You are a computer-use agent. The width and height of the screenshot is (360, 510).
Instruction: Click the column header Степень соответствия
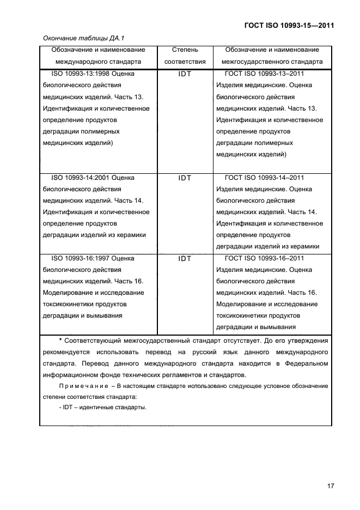pyautogui.click(x=185, y=56)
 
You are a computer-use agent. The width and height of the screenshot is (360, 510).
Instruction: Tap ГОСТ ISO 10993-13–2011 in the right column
pyautogui.click(x=264, y=74)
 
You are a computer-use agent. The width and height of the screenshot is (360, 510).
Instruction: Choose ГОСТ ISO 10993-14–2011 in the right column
pyautogui.click(x=264, y=177)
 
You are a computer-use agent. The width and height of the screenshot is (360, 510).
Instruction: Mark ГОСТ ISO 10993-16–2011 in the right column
pyautogui.click(x=264, y=258)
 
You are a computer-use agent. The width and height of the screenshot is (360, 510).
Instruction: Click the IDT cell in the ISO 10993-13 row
pyautogui.click(x=185, y=74)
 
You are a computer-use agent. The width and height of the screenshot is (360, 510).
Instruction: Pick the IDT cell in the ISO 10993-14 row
pyautogui.click(x=185, y=178)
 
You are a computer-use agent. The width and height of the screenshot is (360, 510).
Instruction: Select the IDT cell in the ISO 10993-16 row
pyautogui.click(x=185, y=259)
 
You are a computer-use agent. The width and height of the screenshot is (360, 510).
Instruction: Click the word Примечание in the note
pyautogui.click(x=81, y=386)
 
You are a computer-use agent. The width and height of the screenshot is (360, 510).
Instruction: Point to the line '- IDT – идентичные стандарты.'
pyautogui.click(x=103, y=409)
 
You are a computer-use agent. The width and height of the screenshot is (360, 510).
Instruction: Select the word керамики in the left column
pyautogui.click(x=131, y=235)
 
